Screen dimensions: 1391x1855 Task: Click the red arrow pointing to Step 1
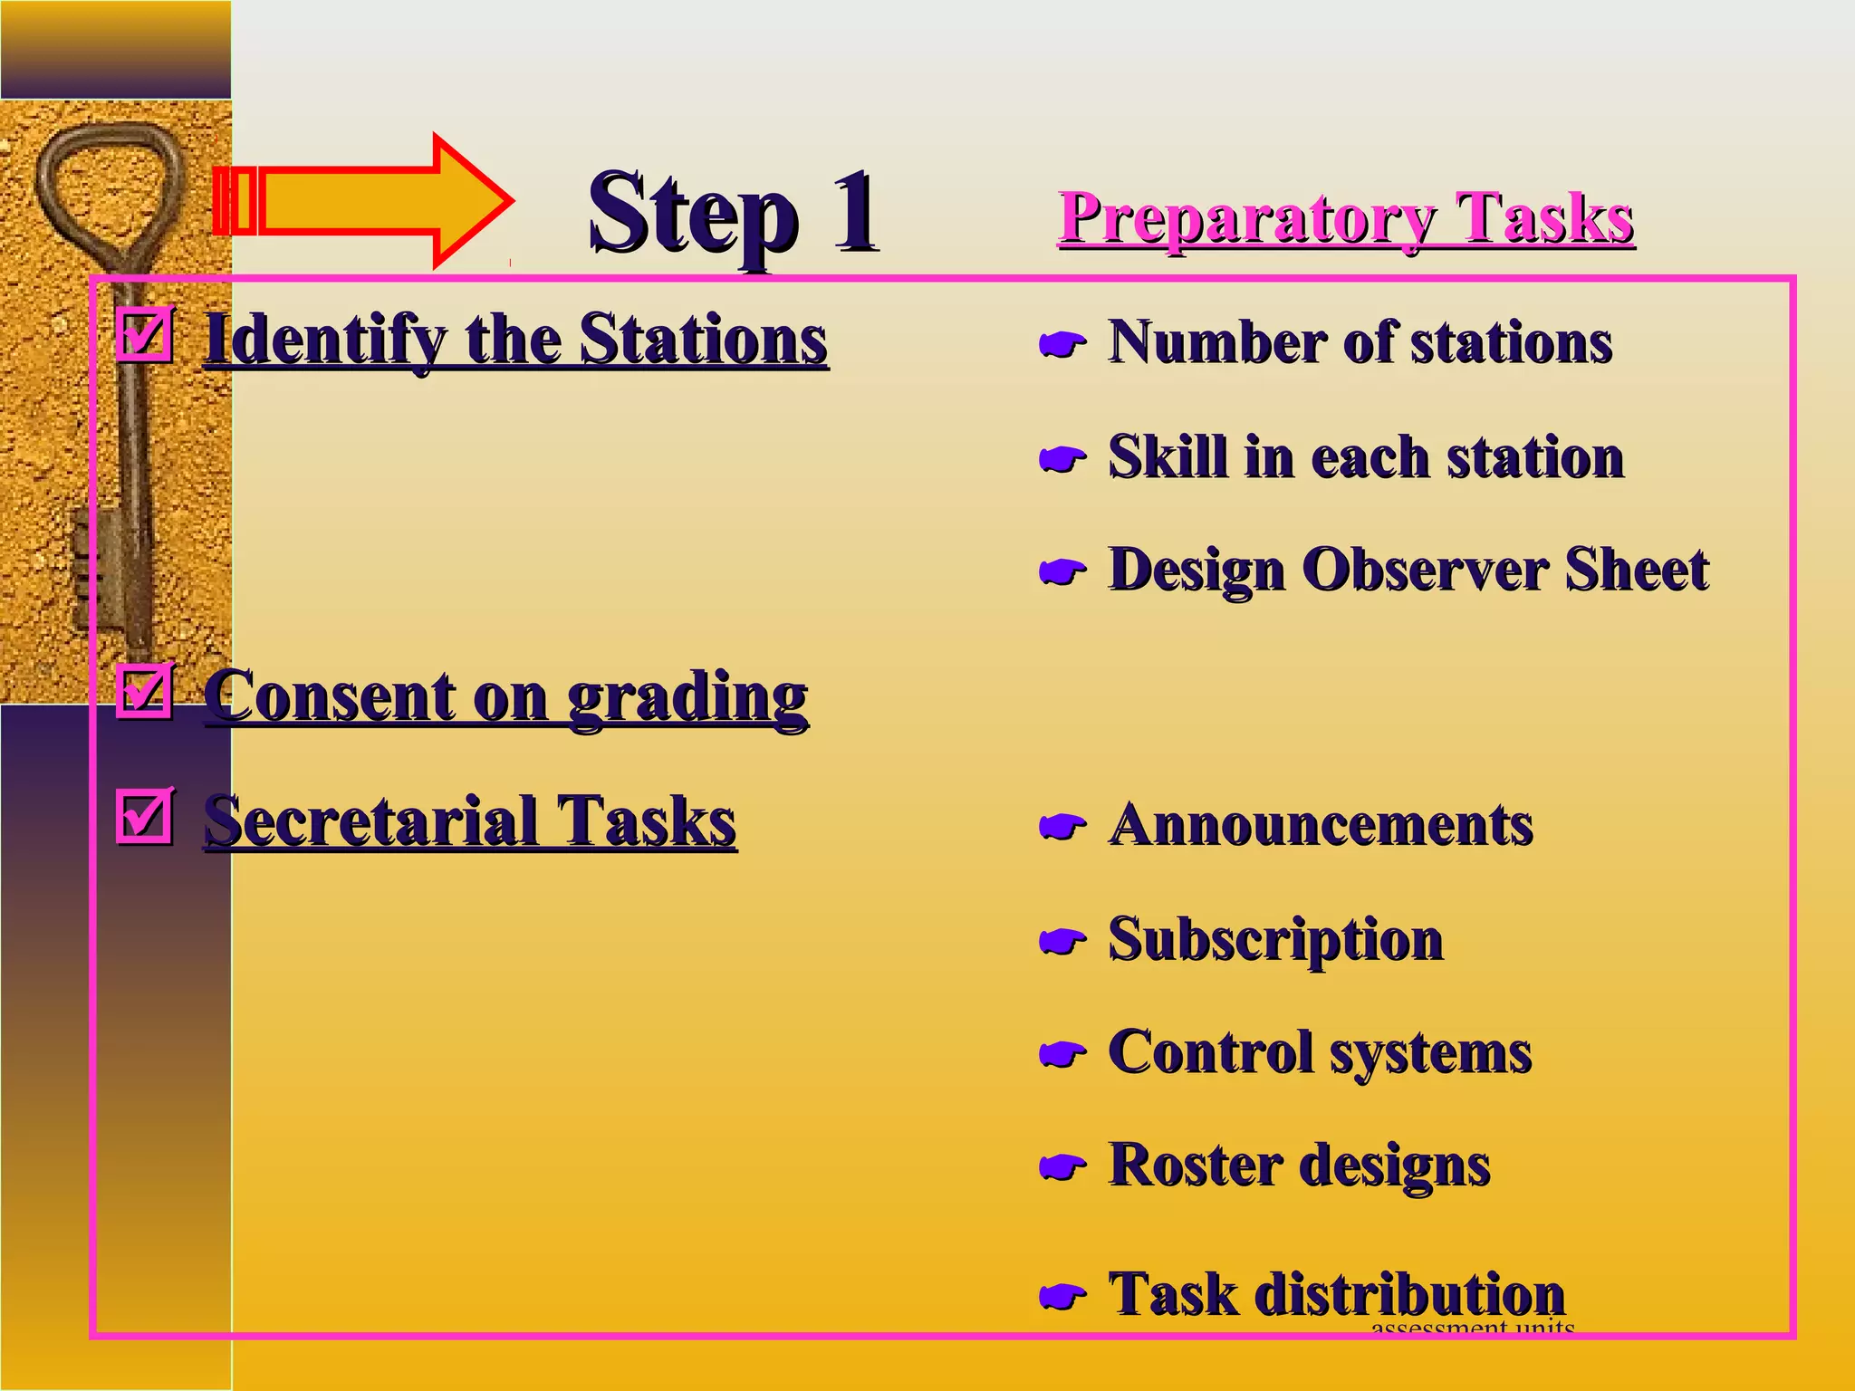tap(362, 201)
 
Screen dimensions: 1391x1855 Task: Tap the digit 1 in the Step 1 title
tap(853, 213)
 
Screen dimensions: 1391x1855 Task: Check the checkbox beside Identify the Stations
tap(144, 334)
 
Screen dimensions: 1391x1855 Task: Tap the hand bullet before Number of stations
tap(1062, 344)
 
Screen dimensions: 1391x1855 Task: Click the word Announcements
tap(1321, 826)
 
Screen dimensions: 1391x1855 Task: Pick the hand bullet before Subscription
tap(1062, 942)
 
